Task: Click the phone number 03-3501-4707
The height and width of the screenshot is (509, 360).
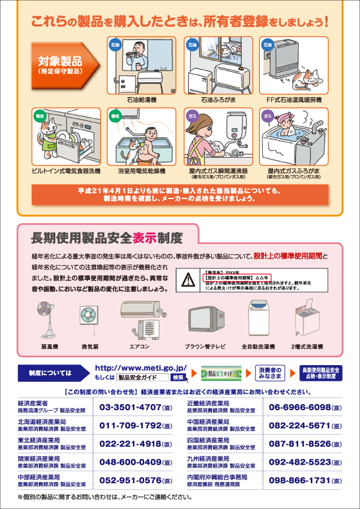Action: pyautogui.click(x=130, y=408)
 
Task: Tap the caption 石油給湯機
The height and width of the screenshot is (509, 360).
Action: pyautogui.click(x=142, y=99)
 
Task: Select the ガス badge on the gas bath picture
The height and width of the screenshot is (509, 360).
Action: pyautogui.click(x=268, y=115)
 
